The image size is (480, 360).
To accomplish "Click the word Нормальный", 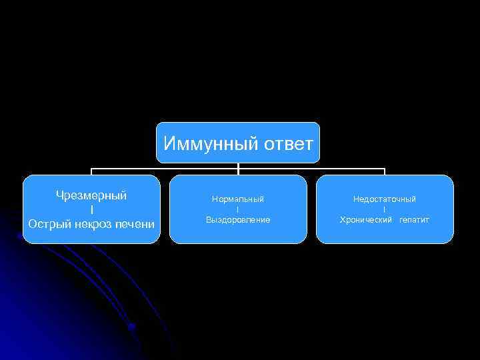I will point(238,199).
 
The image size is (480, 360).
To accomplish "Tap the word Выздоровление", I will point(238,219).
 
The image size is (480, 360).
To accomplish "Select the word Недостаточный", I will point(385,199).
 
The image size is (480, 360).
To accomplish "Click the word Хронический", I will point(366,219).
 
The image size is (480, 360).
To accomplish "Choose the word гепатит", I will point(415,219).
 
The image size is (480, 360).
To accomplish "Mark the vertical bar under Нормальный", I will point(238,209).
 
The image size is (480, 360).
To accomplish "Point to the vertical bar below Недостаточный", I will point(385,209).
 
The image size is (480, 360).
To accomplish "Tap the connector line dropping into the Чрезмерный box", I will point(91,171).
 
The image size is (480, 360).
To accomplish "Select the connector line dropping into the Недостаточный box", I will point(385,171).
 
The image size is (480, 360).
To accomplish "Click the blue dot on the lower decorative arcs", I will point(132,327).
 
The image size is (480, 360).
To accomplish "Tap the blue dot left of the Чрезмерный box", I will point(19,235).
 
